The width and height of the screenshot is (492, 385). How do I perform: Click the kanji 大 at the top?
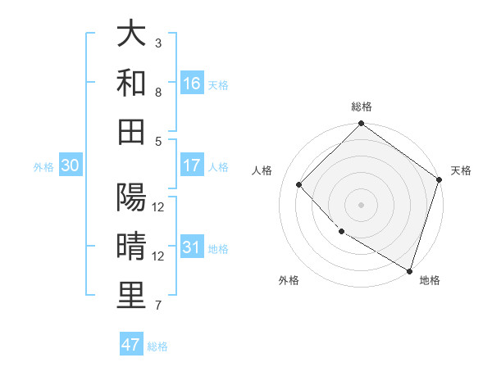click(x=131, y=34)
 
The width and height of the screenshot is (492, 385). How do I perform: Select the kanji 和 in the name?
click(x=131, y=83)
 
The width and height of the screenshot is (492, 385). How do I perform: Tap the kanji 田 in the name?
click(x=131, y=130)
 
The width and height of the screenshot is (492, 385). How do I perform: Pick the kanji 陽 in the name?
click(x=131, y=199)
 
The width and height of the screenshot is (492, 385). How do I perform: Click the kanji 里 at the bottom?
click(x=131, y=296)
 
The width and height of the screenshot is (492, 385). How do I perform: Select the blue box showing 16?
click(x=192, y=84)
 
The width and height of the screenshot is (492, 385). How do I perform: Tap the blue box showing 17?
click(x=192, y=165)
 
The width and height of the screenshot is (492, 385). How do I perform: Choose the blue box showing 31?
click(x=192, y=248)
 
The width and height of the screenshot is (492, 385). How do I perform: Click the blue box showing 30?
click(x=70, y=165)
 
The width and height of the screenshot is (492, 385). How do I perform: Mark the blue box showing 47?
click(x=131, y=345)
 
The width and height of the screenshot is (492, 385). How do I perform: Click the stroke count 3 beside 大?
click(x=158, y=43)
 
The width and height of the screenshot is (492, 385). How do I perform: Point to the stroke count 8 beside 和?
click(x=158, y=92)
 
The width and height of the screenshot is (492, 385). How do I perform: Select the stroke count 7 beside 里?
click(x=158, y=306)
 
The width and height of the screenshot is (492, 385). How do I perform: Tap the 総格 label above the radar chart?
click(x=362, y=106)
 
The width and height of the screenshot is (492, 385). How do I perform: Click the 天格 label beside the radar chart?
click(x=461, y=170)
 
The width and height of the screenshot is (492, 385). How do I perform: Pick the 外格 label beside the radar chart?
click(x=288, y=280)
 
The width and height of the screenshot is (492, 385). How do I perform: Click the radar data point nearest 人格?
click(x=299, y=184)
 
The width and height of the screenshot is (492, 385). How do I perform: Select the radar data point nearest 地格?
click(x=408, y=269)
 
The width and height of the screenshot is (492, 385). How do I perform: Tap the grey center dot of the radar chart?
click(x=361, y=204)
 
